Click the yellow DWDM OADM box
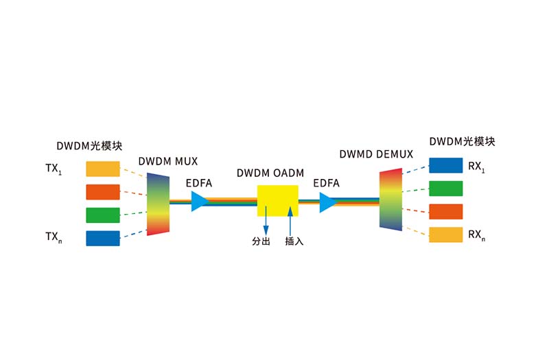(278, 200)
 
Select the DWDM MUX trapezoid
(158, 204)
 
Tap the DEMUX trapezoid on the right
(390, 200)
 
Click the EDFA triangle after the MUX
(199, 201)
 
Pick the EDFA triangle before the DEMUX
(327, 202)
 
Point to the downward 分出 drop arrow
(266, 220)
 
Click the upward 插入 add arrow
(290, 221)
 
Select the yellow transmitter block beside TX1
(103, 169)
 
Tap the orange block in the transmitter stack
(103, 192)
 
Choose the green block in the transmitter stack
(103, 215)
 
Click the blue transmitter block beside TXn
(103, 238)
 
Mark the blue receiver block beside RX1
(445, 165)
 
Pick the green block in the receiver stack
(445, 189)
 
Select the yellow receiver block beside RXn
(445, 235)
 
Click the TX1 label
(54, 169)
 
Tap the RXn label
(476, 235)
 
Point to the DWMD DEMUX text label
(376, 154)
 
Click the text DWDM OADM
(270, 173)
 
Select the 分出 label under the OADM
(261, 241)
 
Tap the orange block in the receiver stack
(445, 212)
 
